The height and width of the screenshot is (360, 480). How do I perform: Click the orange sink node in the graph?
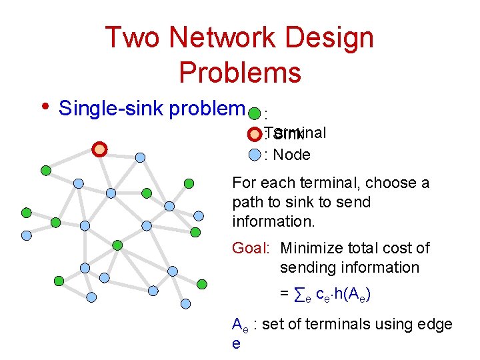[99, 149]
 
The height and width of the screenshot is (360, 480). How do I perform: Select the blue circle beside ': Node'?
[254, 155]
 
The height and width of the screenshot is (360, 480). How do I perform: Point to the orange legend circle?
[254, 134]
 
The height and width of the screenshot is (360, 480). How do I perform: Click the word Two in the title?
[131, 37]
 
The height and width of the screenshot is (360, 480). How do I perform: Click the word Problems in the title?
[240, 72]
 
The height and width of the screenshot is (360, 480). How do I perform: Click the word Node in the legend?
[292, 155]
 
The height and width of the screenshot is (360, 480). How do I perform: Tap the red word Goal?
[250, 249]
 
